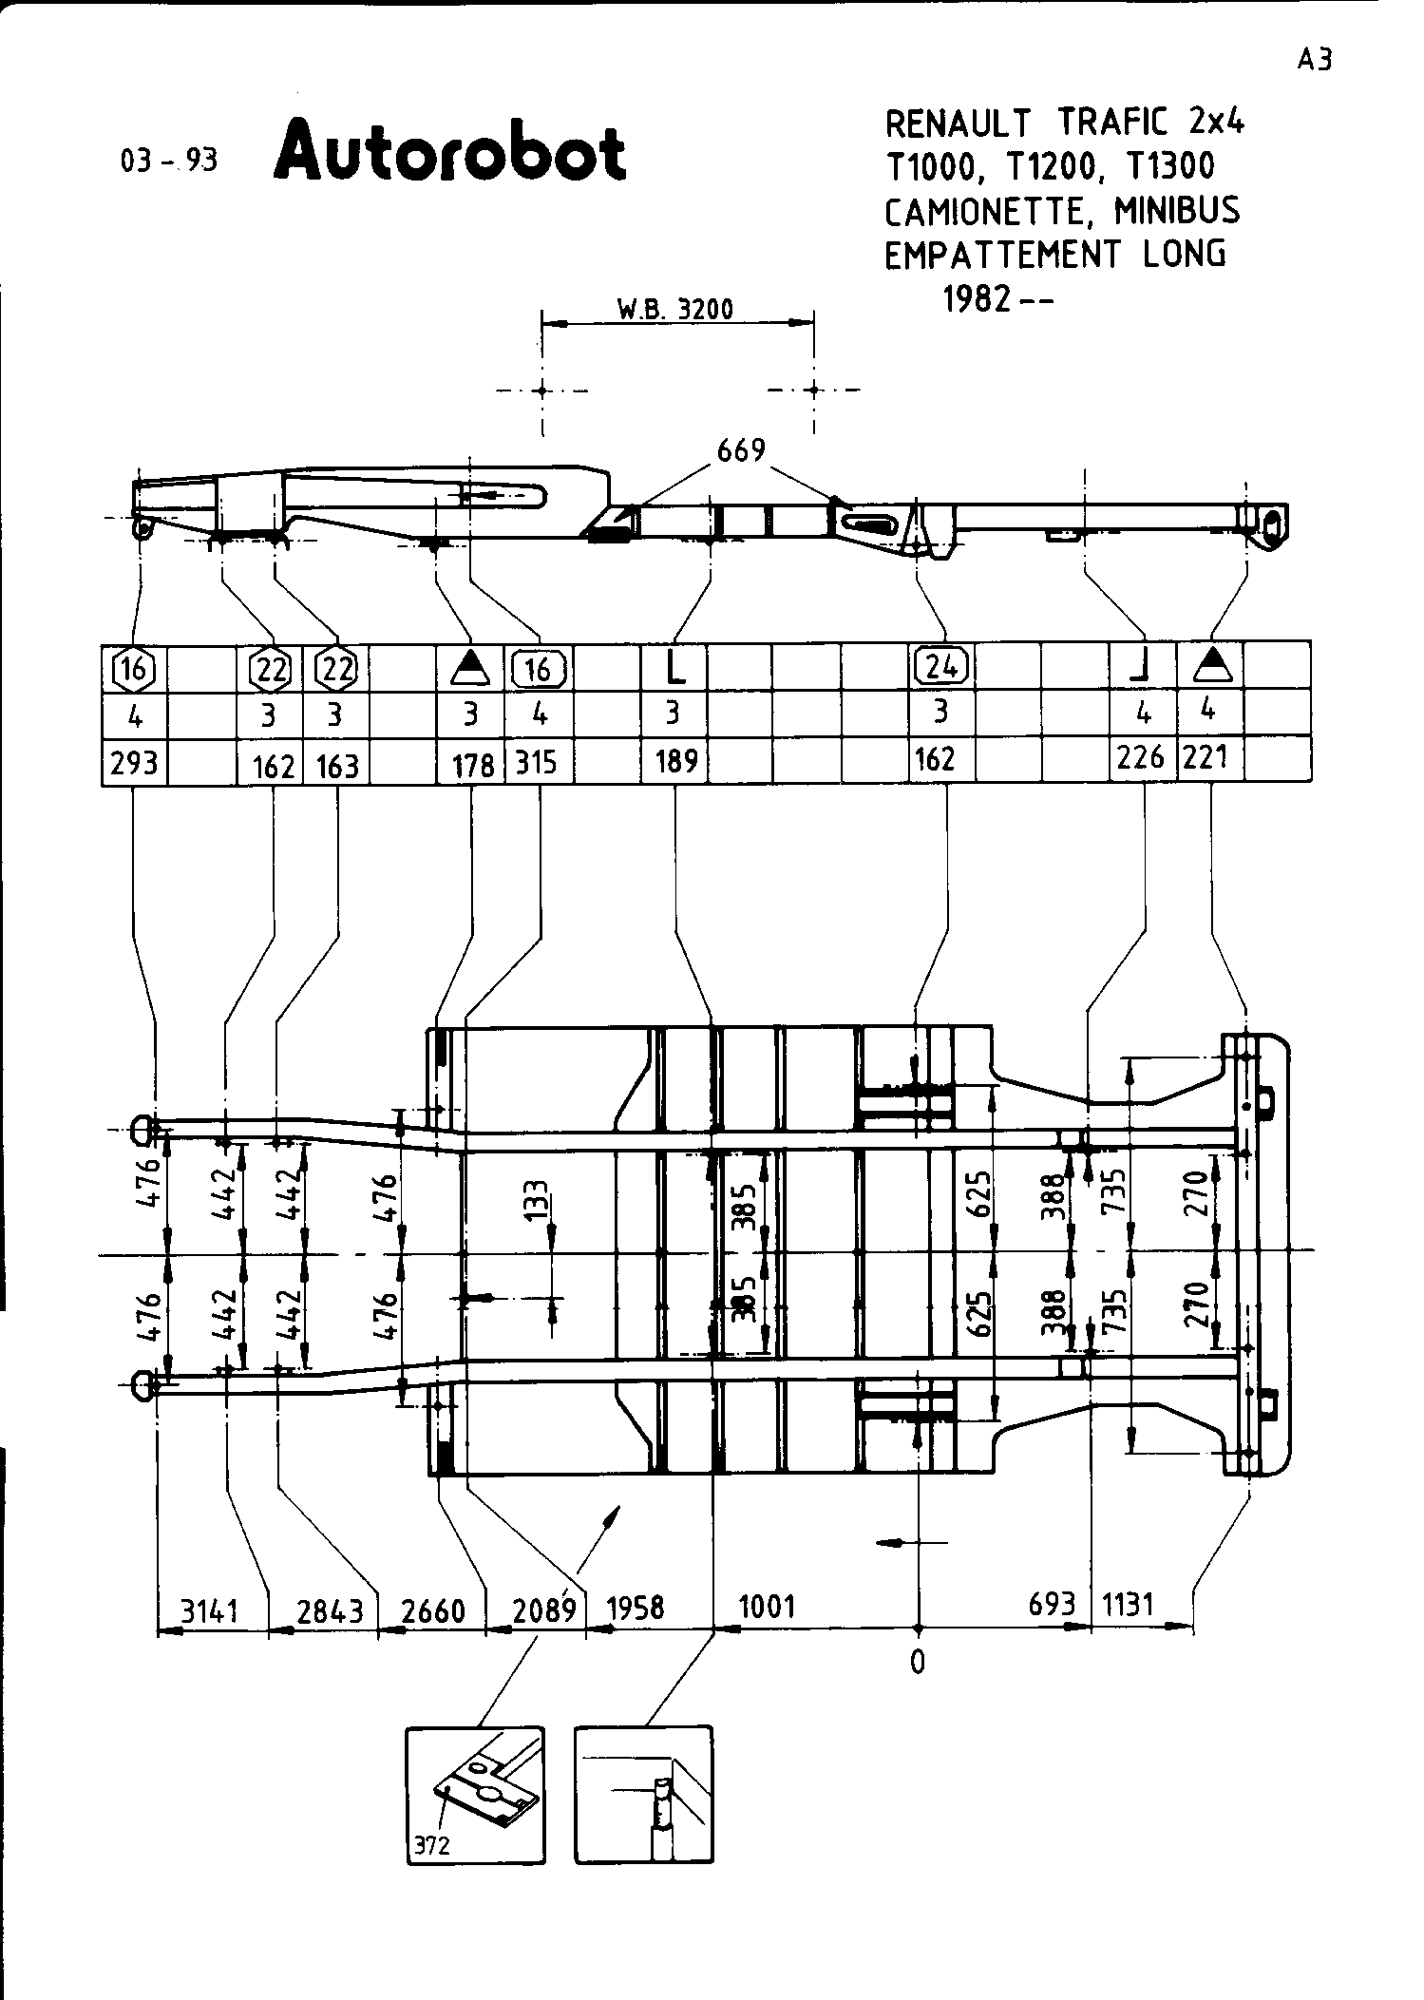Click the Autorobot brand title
click(x=449, y=151)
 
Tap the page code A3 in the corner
click(x=1316, y=60)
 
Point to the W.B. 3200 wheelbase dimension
click(x=675, y=310)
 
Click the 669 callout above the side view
click(x=741, y=450)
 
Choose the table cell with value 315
click(x=537, y=763)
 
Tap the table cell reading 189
click(x=676, y=762)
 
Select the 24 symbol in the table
click(x=941, y=666)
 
